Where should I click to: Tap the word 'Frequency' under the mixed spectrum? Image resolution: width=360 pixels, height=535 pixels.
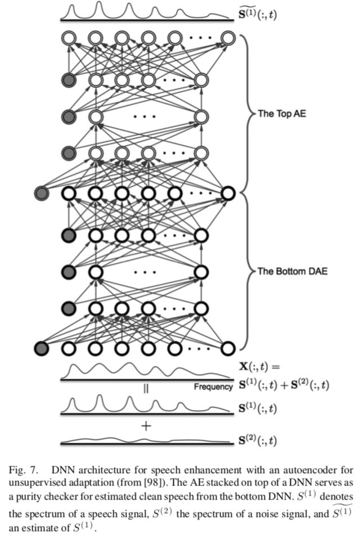(213, 386)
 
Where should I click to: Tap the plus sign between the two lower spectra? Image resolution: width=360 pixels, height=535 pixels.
(146, 426)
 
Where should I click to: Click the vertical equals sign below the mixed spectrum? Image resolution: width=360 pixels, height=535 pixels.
(146, 388)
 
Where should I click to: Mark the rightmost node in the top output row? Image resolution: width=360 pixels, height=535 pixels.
(227, 38)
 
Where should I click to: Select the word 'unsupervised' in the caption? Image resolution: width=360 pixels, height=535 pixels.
(34, 483)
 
